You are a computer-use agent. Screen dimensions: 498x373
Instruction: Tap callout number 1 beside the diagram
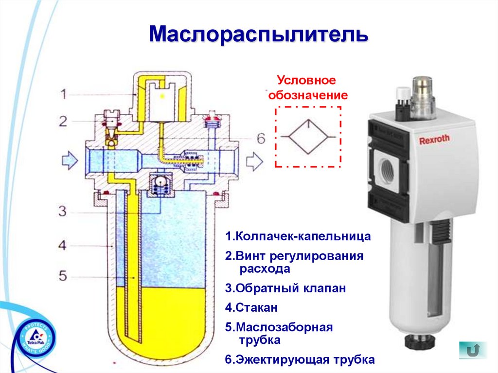[x=63, y=94]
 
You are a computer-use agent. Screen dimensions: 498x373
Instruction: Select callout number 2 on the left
[x=63, y=121]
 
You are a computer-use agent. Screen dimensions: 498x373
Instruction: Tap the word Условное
[x=306, y=80]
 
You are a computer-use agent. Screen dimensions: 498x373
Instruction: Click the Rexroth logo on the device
[x=434, y=140]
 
